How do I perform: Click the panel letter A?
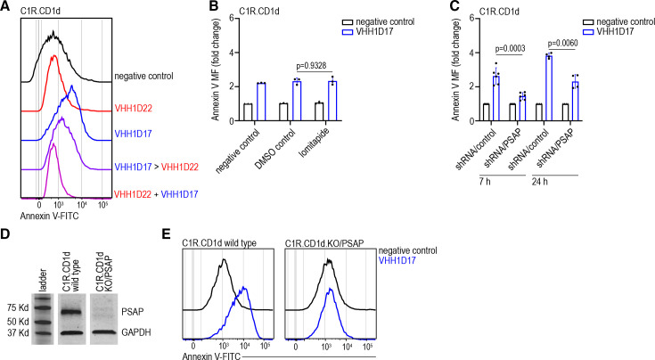[6, 7]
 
